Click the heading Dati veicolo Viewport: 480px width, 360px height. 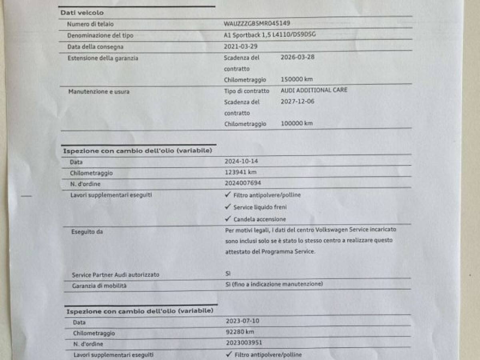point(82,13)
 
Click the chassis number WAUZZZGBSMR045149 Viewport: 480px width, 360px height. point(257,23)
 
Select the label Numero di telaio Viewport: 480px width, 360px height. point(90,24)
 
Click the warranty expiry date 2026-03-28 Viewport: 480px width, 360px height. point(298,57)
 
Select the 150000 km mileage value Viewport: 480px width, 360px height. point(297,79)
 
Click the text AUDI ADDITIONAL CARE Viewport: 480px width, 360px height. point(314,90)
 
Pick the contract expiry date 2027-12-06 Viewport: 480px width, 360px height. point(298,101)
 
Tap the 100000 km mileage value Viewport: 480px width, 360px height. point(297,124)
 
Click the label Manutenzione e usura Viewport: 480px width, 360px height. point(98,92)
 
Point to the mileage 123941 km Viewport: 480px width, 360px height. point(241,172)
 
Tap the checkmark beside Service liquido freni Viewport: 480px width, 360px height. point(228,207)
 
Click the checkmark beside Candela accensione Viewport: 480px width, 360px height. point(228,219)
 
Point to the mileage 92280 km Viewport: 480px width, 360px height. point(240,332)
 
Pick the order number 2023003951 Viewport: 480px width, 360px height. point(244,343)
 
